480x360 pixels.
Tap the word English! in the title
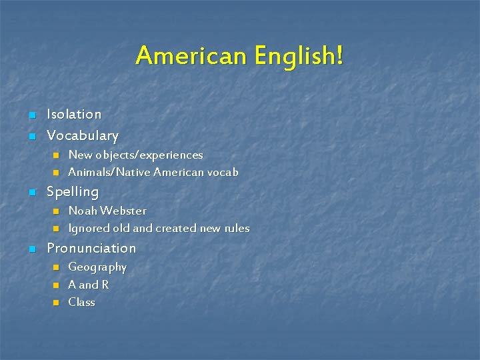[298, 56]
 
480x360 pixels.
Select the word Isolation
[74, 115]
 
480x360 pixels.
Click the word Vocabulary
[82, 136]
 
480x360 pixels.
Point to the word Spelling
[72, 192]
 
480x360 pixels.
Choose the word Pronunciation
[91, 249]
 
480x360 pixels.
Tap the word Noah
[81, 211]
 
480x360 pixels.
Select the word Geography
[97, 267]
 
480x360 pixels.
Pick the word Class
[81, 302]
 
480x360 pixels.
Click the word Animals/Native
[109, 172]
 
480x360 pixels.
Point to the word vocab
[223, 172]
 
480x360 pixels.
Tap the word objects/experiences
[149, 155]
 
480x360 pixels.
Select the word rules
[237, 228]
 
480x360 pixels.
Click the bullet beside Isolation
[31, 115]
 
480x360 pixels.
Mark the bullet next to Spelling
[31, 193]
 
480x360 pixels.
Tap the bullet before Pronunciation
[31, 249]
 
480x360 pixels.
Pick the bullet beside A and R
[56, 285]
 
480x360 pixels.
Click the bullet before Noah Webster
[56, 211]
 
